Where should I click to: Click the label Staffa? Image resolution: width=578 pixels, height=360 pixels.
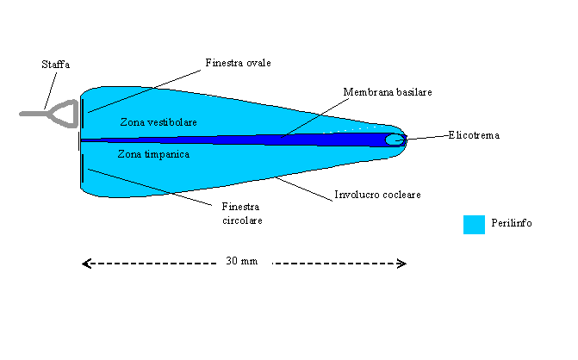click(57, 65)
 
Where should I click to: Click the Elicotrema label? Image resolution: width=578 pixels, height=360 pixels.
click(474, 135)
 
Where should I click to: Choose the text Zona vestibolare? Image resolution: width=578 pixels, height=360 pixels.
click(158, 122)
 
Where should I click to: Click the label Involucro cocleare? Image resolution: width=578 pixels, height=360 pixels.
click(377, 195)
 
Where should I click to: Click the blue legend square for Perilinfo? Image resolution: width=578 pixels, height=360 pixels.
click(474, 224)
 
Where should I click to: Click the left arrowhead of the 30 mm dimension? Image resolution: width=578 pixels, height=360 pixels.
click(85, 264)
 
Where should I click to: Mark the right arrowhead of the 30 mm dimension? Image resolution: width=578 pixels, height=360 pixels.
click(401, 264)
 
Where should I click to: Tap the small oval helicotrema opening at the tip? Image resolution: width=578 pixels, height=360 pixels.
click(394, 139)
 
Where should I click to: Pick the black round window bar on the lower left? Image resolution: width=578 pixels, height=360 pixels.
click(83, 168)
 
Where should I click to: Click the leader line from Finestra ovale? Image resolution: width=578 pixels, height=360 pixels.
click(146, 86)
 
